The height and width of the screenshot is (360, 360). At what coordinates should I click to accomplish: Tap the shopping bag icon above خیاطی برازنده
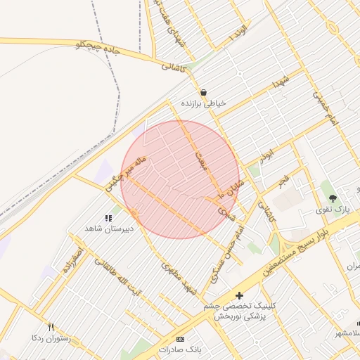(x=203, y=92)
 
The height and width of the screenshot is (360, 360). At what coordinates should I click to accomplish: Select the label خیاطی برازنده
(x=204, y=103)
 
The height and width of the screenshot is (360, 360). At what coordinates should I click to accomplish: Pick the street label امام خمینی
(x=325, y=110)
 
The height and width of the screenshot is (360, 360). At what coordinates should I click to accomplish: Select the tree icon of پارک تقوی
(x=333, y=198)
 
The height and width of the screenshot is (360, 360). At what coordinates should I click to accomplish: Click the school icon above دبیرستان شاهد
(x=108, y=218)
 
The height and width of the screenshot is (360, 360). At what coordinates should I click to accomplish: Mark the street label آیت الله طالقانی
(x=119, y=278)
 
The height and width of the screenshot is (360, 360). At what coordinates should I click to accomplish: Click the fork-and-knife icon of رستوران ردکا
(x=51, y=327)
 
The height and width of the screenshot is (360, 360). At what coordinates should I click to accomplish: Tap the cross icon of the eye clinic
(x=239, y=295)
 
